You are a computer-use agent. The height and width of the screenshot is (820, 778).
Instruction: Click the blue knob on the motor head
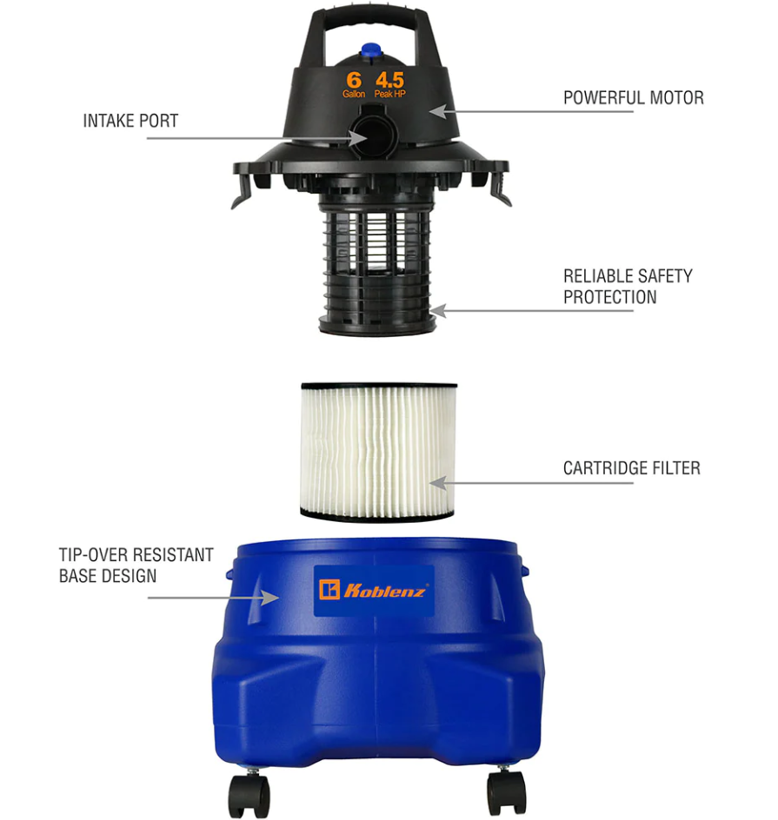(372, 51)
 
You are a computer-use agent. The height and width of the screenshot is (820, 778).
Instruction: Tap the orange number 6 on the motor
(354, 80)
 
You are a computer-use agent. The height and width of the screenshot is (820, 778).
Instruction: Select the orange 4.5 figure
(389, 80)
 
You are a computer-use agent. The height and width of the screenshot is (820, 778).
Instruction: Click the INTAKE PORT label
(130, 121)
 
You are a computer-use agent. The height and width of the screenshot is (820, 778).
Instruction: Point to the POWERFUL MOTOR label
(633, 98)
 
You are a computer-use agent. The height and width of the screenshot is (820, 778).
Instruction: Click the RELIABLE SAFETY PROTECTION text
(628, 287)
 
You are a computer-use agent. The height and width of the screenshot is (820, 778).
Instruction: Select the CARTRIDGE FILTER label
(631, 468)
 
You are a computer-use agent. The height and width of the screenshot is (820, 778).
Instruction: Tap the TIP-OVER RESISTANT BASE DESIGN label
(136, 565)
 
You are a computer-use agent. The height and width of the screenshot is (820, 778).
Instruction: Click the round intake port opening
(373, 134)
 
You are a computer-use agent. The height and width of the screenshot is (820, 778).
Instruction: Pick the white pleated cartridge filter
(378, 452)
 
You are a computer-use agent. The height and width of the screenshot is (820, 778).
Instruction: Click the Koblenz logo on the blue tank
(374, 591)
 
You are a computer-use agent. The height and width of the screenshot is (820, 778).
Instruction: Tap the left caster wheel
(249, 794)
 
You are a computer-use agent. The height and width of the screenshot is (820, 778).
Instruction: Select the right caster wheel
(506, 792)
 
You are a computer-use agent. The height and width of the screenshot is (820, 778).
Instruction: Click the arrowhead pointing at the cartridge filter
(438, 483)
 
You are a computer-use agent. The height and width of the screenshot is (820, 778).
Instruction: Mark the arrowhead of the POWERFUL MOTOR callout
(438, 111)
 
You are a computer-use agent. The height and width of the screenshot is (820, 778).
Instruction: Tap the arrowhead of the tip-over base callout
(270, 598)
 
